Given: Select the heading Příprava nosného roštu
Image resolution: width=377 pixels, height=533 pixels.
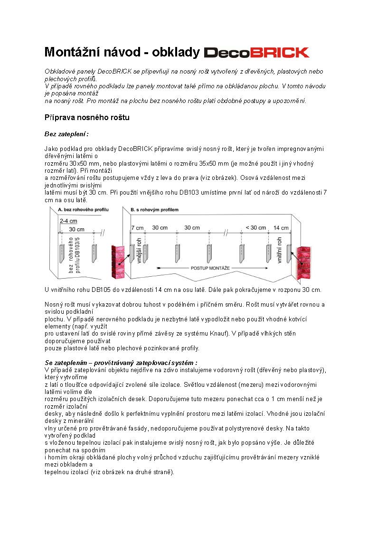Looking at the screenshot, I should [x=86, y=117].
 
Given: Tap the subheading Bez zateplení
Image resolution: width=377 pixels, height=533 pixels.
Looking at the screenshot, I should [x=66, y=134].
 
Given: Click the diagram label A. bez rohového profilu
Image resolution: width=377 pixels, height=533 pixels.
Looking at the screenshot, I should [x=83, y=209].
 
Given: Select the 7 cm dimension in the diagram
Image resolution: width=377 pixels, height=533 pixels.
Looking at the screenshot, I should [x=137, y=227].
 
